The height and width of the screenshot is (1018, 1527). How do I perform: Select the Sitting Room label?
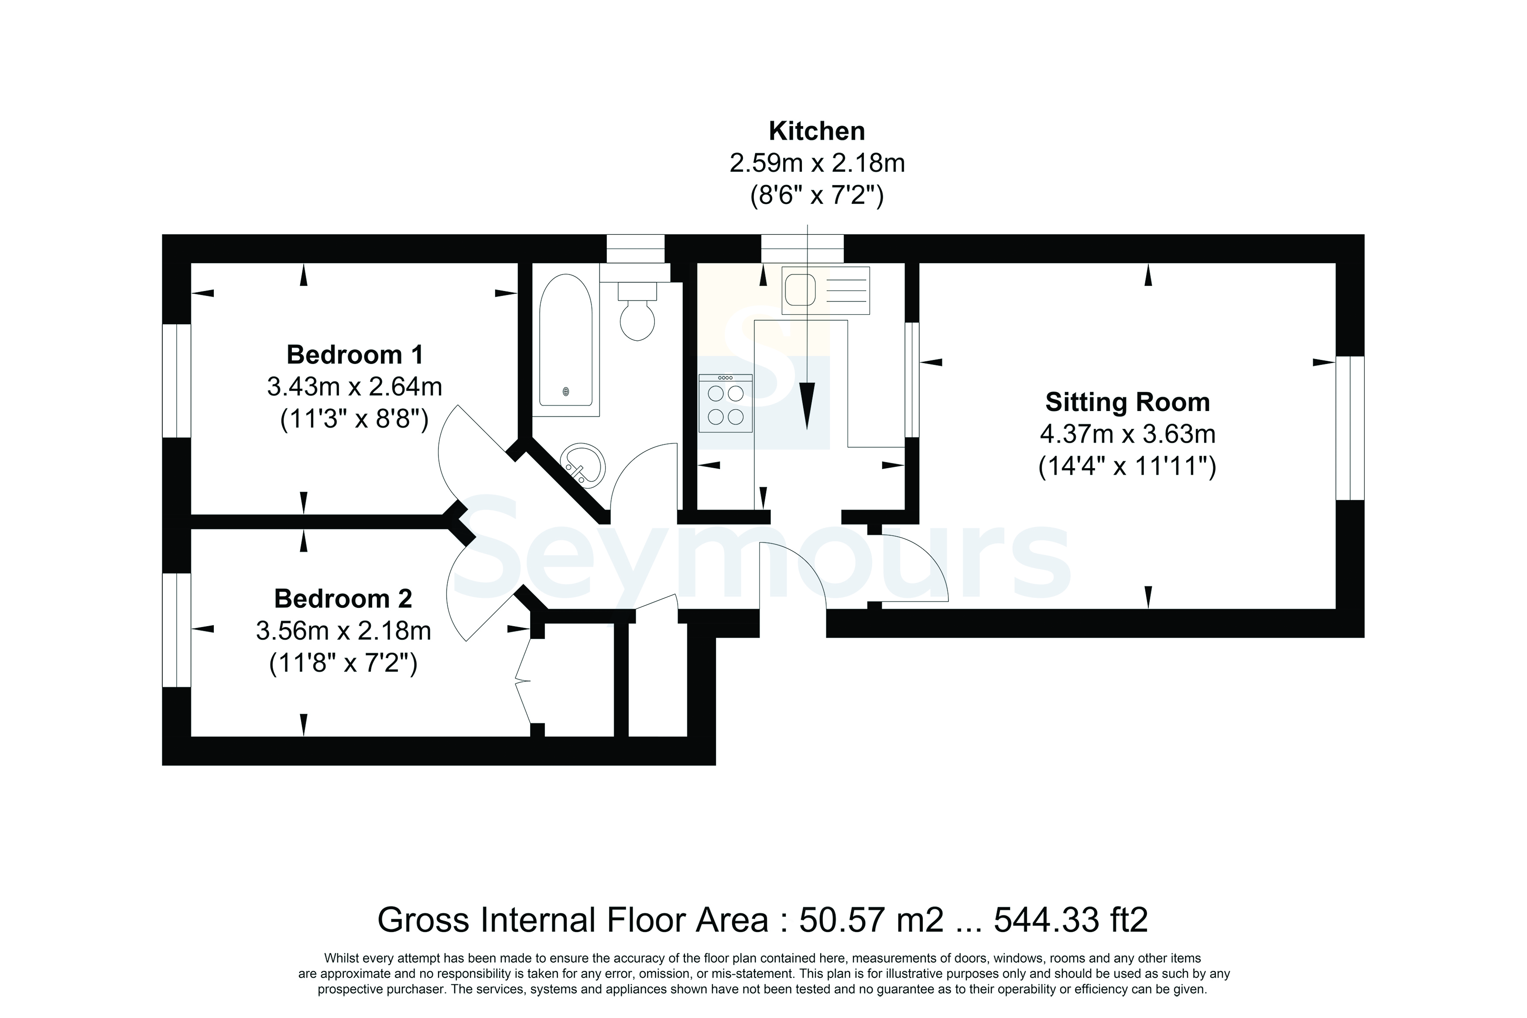1127,402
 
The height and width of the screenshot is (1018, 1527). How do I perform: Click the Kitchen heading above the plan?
816,131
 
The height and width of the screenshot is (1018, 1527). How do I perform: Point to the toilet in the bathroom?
637,312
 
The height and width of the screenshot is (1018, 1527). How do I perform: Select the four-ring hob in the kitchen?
726,403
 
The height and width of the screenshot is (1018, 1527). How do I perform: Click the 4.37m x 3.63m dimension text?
1127,434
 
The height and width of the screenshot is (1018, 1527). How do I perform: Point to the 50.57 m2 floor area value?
870,919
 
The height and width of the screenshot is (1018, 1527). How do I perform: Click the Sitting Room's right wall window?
1350,428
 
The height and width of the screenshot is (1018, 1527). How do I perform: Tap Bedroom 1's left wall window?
177,380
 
